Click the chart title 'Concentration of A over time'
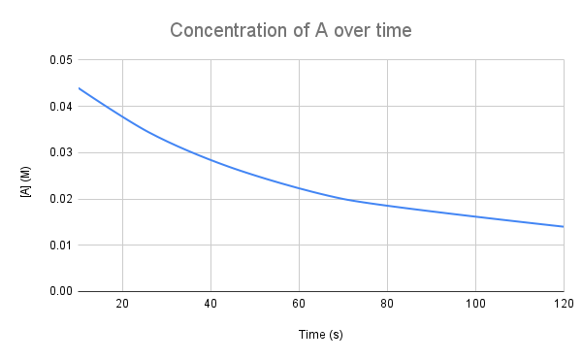291,30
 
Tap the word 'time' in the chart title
392,30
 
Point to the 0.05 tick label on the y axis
59,60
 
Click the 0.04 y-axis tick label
59,107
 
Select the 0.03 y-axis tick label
59,152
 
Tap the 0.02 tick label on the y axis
59,199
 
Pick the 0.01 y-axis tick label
59,245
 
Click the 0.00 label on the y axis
59,291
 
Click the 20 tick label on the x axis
122,304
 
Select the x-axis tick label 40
210,304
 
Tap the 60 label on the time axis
299,304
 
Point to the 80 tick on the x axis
387,304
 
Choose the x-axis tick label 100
475,304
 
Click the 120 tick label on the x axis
557,304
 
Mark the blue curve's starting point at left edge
79,88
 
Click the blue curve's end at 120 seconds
564,226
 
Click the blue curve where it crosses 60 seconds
299,188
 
